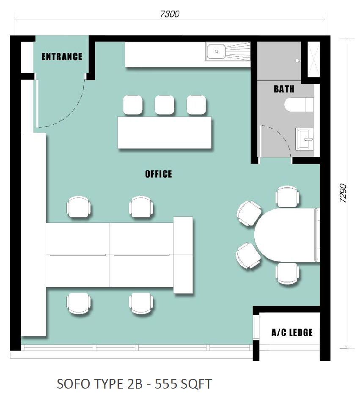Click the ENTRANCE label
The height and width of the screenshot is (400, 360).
(62, 57)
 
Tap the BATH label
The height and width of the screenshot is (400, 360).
(284, 89)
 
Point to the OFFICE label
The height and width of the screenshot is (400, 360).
(159, 174)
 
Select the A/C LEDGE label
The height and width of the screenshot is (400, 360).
(292, 332)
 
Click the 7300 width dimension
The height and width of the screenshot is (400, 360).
(170, 14)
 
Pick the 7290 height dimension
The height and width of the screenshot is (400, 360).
(343, 193)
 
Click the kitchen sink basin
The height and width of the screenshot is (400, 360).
(216, 52)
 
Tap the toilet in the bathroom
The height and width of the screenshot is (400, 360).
(299, 104)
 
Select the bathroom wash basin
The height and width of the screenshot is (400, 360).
(305, 139)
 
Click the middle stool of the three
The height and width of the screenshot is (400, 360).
(165, 105)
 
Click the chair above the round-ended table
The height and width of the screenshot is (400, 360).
(287, 196)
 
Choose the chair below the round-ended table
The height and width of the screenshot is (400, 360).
(287, 274)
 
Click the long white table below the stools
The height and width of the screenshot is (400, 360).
(165, 132)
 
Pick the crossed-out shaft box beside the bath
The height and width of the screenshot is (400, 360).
(313, 60)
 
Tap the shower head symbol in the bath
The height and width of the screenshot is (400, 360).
(298, 61)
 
